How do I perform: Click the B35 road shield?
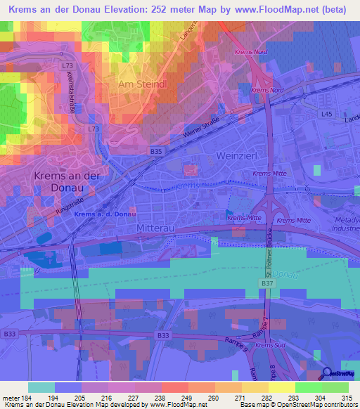(x=156, y=150)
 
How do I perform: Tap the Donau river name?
(x=287, y=272)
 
